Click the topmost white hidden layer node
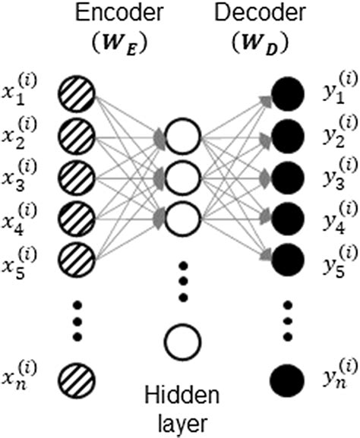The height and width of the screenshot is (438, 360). click(x=182, y=138)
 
